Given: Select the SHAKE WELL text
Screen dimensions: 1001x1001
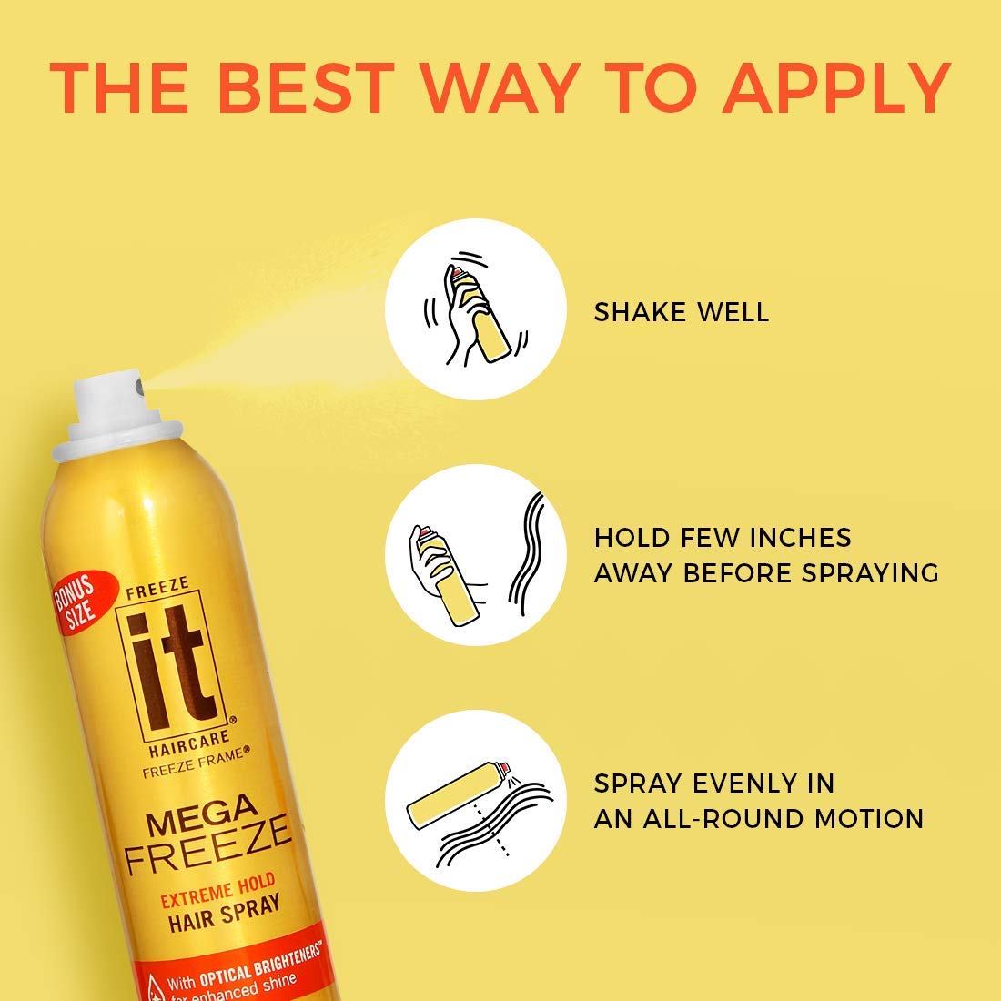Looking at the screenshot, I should pos(682,312).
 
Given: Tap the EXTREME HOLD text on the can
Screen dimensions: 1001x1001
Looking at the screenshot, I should pos(217,889).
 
